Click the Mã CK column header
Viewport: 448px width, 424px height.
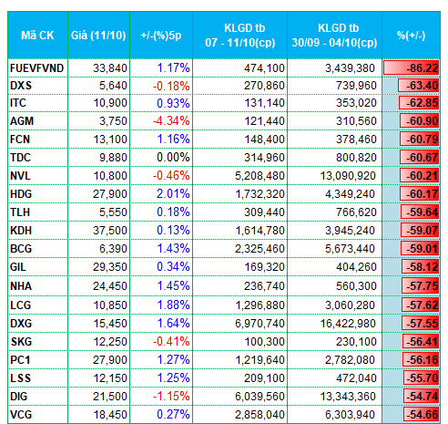(x=37, y=36)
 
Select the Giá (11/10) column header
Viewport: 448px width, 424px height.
(x=98, y=36)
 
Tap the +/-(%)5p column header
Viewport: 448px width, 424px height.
(x=161, y=36)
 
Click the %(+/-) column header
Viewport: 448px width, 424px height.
(x=412, y=36)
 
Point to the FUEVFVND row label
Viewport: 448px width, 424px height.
(x=36, y=68)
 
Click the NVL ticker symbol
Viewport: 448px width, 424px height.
(x=20, y=176)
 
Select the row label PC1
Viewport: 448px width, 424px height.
(x=20, y=360)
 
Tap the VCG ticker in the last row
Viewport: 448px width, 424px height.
(x=21, y=415)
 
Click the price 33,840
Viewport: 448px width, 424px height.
(x=110, y=68)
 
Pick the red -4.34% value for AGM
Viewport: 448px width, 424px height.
(x=171, y=121)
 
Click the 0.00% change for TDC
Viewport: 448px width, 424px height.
(x=173, y=158)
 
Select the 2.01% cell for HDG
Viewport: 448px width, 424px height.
(x=173, y=194)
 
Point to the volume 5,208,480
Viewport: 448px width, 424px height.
(x=260, y=176)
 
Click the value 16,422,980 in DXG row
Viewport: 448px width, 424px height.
(x=348, y=324)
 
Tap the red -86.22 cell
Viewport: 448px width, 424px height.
(x=412, y=67)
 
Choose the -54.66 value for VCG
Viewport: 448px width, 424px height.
(x=422, y=415)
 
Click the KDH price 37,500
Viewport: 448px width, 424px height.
(x=110, y=231)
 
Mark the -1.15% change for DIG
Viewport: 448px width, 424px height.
(x=171, y=397)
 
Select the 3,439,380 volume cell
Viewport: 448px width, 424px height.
(x=351, y=68)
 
